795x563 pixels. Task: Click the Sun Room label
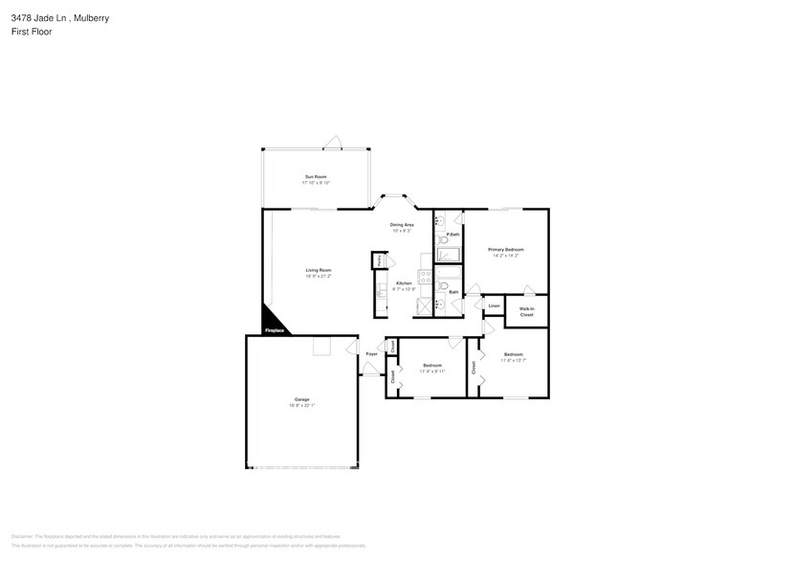tap(315, 176)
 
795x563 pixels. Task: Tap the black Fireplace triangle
tap(272, 323)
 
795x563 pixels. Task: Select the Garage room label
tap(301, 399)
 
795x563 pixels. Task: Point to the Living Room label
tap(318, 270)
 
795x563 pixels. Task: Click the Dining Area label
tap(401, 225)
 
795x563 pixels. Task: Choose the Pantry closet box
tap(380, 259)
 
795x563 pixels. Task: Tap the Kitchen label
tap(404, 283)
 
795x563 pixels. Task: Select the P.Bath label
tap(453, 235)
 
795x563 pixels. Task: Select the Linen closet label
tap(494, 306)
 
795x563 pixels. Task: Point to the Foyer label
tap(371, 353)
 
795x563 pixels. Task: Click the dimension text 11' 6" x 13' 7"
tap(513, 361)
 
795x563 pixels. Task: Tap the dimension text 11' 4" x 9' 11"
tap(432, 371)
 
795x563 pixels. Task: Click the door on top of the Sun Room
tap(331, 143)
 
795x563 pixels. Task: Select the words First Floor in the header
tap(32, 32)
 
